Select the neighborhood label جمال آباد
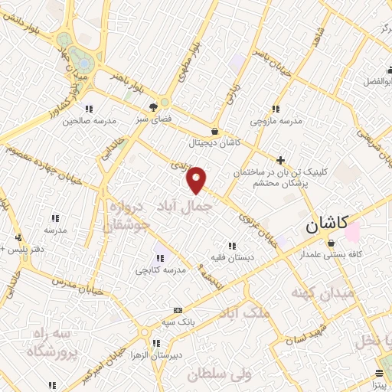184,206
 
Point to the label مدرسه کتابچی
162,269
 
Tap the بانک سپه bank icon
178,309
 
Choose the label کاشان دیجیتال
214,142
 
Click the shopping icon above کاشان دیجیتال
214,131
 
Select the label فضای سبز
155,119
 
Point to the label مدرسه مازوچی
278,121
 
